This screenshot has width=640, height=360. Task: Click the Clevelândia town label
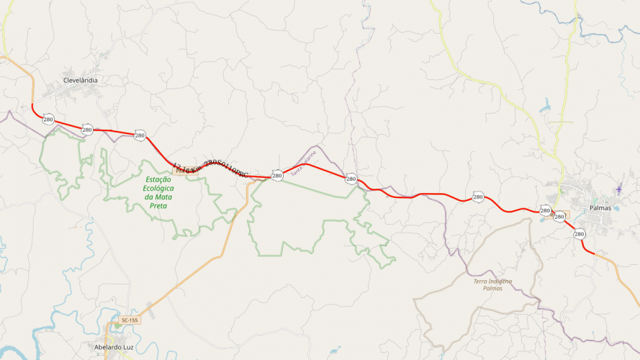[81, 80]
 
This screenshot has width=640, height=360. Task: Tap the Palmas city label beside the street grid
[599, 207]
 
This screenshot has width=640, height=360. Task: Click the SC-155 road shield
[130, 320]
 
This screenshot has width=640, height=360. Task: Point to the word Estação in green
[158, 180]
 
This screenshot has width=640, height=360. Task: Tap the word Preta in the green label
[158, 205]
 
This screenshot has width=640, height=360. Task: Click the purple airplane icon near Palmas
[618, 189]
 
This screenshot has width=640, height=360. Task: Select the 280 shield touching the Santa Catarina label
[277, 175]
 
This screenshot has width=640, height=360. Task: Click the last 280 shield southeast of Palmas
[580, 234]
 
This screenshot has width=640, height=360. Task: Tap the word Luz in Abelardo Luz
[129, 347]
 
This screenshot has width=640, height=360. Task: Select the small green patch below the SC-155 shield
[117, 325]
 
